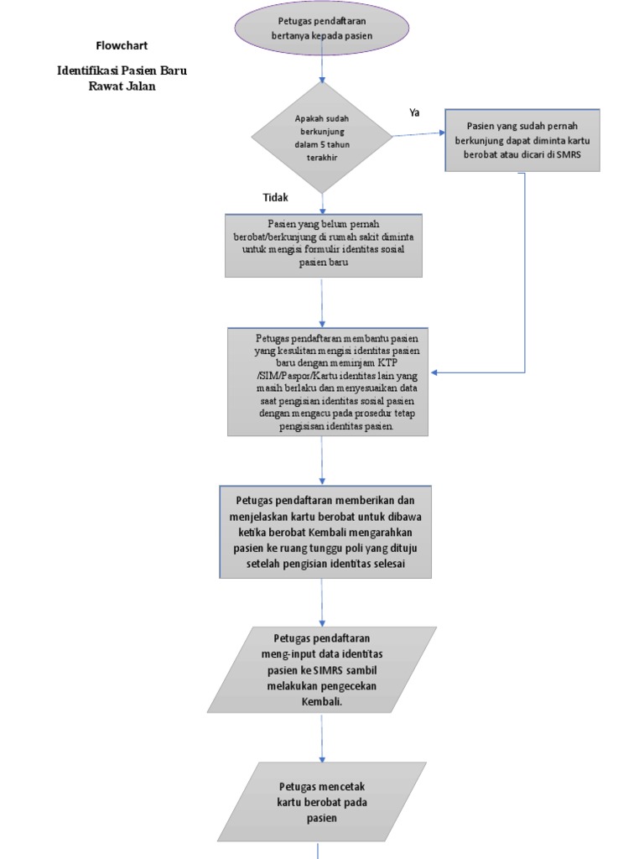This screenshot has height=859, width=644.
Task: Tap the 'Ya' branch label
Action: [414, 112]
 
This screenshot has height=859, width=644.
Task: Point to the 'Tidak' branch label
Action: [276, 197]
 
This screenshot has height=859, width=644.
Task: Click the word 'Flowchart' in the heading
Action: [122, 45]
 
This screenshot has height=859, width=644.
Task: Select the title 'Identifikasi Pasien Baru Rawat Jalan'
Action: [122, 78]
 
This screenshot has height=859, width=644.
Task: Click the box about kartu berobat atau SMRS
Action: [522, 140]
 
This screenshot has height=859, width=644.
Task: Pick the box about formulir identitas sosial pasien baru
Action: [323, 244]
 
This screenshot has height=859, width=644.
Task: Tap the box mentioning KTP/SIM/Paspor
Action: [327, 382]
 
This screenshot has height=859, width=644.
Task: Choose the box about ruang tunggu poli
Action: [325, 532]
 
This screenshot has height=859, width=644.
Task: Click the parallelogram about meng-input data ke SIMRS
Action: [322, 669]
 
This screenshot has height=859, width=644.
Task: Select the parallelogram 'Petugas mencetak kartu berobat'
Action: [322, 801]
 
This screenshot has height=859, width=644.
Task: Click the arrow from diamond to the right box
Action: [418, 133]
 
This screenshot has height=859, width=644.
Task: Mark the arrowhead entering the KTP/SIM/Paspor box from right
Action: [433, 372]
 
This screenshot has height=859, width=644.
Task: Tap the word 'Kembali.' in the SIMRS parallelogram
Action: [322, 700]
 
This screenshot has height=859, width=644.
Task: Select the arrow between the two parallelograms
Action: [322, 738]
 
